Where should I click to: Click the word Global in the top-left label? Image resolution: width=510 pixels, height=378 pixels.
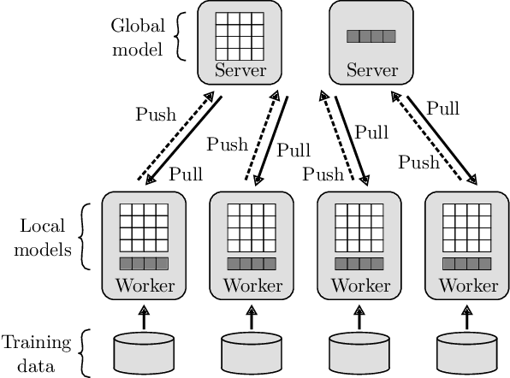click(x=136, y=25)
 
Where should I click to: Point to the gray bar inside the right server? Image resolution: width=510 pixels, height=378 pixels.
click(x=371, y=37)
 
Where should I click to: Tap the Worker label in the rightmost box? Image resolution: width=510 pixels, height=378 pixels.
click(x=467, y=285)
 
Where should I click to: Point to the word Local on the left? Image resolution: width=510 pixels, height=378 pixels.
click(x=38, y=227)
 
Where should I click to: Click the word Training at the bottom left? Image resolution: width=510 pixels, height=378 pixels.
click(x=35, y=344)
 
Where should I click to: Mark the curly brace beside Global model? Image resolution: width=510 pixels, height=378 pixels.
click(x=179, y=37)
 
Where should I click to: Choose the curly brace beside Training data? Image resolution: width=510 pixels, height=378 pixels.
click(x=84, y=353)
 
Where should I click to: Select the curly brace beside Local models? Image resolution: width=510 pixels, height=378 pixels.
click(x=84, y=237)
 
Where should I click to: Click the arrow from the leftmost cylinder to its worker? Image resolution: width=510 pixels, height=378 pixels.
click(x=144, y=317)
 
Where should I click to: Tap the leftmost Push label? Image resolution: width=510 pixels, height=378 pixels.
click(x=156, y=113)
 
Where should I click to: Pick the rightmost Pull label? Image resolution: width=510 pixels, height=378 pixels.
click(x=442, y=109)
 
